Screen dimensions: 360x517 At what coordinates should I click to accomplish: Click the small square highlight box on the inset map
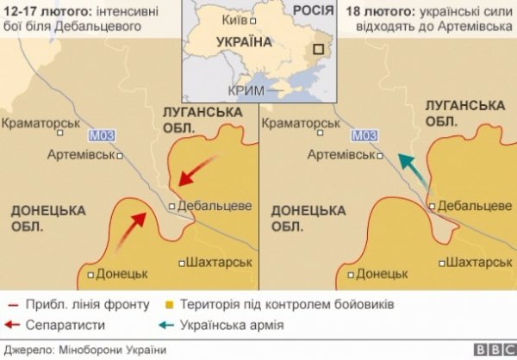322,51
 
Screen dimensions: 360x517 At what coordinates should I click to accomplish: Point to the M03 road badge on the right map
364,135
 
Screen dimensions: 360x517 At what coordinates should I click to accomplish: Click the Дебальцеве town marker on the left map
172,206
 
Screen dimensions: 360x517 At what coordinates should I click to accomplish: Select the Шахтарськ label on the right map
476,262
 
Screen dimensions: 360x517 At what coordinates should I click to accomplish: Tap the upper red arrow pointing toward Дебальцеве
200,169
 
